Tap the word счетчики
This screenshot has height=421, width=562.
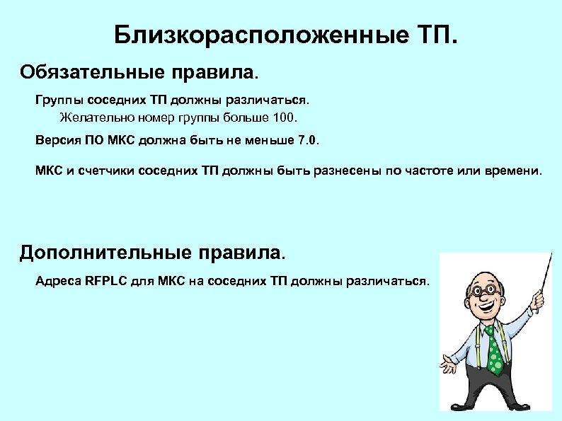(x=106, y=171)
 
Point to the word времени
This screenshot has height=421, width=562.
(x=512, y=171)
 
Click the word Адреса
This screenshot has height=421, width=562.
(x=57, y=281)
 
